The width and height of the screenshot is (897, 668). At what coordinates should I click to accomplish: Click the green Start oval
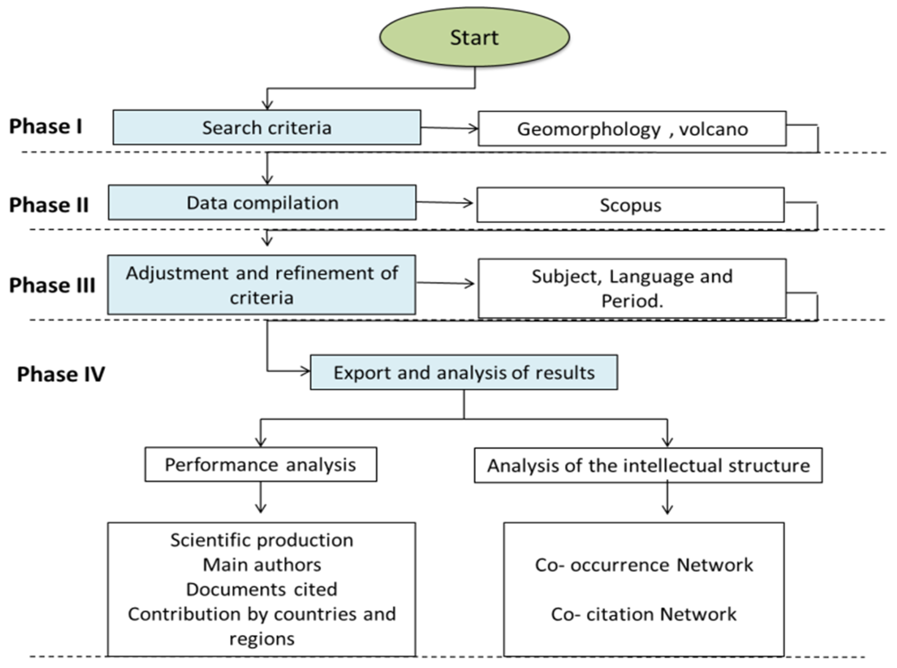474,37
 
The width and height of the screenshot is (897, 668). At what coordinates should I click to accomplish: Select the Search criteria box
267,128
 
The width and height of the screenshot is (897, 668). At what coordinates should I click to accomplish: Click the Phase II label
49,204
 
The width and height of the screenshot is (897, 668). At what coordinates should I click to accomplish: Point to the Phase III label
52,285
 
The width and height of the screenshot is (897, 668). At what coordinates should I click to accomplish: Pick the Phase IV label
61,374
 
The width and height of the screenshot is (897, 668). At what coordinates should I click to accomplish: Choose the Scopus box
630,205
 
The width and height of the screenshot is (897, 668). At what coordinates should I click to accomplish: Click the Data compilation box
262,203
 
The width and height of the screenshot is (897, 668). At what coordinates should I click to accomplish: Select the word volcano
713,129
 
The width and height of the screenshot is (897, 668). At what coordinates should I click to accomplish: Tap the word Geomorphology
589,129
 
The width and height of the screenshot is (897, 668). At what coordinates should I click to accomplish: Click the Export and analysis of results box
464,372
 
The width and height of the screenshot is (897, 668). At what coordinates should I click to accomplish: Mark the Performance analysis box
260,464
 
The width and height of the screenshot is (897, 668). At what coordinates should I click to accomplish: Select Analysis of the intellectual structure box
648,465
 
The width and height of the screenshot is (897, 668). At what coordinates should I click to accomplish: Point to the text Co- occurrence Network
644,565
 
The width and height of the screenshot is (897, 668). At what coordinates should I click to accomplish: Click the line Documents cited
262,589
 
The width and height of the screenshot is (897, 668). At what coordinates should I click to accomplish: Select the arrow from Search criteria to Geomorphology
449,128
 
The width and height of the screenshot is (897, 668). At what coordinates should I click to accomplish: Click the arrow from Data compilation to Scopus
444,202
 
